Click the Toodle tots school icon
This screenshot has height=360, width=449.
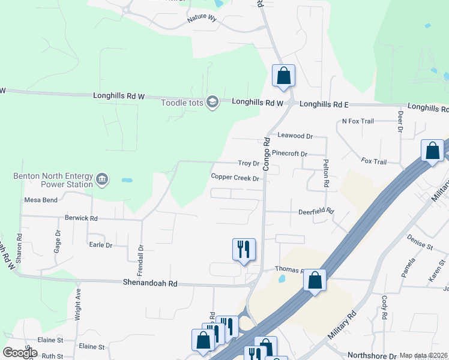(x=211, y=103)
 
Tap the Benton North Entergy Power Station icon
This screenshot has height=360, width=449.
(x=102, y=179)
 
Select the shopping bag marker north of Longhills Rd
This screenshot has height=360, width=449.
(x=284, y=76)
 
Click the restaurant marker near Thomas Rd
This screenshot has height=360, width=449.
(x=244, y=250)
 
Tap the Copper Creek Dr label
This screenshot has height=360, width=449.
(x=235, y=178)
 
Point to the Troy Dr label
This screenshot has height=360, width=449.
(x=248, y=163)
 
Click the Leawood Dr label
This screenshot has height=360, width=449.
(x=295, y=136)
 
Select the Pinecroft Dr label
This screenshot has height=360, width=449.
(x=289, y=154)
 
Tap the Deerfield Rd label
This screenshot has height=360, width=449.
(x=316, y=212)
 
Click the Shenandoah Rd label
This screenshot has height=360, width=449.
(x=151, y=283)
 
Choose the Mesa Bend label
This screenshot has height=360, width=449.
(x=41, y=200)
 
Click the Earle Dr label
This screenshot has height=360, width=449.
(x=100, y=245)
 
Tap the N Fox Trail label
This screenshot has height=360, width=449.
(x=358, y=121)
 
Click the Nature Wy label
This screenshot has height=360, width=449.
(x=201, y=18)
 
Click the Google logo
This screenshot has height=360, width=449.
(x=20, y=353)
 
